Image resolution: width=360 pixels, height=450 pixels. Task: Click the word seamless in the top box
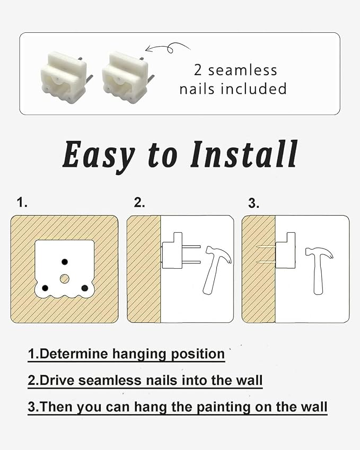coord(242,70)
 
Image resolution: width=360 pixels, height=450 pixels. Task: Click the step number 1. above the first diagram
coord(22,202)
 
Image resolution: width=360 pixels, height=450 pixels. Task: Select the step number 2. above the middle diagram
coord(139,202)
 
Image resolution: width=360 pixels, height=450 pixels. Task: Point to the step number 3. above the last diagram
coord(254,204)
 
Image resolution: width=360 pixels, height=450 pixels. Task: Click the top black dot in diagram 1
coord(65,261)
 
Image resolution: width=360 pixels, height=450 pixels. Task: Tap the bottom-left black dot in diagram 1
coord(45,288)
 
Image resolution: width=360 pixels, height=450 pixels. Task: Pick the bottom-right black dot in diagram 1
coord(84,288)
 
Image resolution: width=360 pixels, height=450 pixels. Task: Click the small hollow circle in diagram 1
coord(65,278)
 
